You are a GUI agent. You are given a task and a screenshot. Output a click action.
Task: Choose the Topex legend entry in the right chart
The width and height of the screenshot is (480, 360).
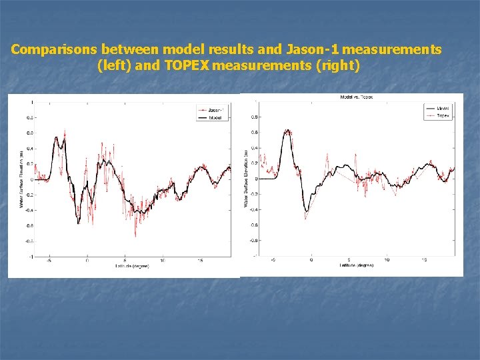(x=443, y=115)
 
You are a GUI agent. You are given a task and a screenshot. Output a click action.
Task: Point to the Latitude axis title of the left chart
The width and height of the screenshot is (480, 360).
(x=131, y=266)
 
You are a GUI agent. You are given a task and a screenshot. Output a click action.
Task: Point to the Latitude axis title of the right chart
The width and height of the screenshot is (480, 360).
(x=356, y=265)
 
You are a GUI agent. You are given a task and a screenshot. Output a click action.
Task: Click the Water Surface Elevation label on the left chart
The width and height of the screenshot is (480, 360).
(x=22, y=179)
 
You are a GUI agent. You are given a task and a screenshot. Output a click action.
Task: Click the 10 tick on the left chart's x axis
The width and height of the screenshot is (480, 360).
(x=163, y=261)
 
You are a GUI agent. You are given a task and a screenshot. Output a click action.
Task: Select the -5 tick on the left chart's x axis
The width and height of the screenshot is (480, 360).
(x=49, y=261)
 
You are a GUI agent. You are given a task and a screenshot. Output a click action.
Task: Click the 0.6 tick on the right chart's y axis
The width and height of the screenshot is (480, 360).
(x=253, y=132)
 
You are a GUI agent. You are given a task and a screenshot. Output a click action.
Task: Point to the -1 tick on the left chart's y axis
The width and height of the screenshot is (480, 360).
(x=29, y=257)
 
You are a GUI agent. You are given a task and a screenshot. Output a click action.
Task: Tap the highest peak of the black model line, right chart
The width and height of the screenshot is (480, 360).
(x=287, y=131)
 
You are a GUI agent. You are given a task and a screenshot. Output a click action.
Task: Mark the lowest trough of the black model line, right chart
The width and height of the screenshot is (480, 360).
(x=307, y=211)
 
